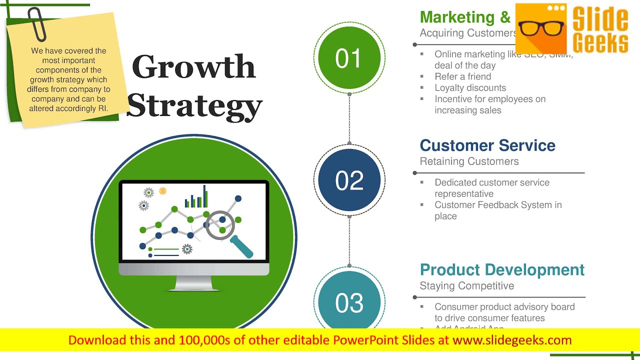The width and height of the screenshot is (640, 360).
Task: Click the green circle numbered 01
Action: pos(349,58)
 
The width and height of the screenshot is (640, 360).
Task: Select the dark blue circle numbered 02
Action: pos(349,180)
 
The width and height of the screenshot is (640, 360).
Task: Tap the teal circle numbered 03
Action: pos(349,303)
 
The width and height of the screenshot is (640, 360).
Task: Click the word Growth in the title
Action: pos(194,67)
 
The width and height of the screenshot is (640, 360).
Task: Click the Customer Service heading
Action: pos(487,145)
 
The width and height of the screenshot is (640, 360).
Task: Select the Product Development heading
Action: pos(502,270)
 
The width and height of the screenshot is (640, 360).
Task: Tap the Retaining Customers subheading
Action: pos(469,161)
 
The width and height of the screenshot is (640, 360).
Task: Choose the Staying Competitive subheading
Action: pos(466,286)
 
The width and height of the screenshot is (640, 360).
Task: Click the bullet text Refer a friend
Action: pos(462,76)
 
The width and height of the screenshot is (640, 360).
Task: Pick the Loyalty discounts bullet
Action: pos(470,88)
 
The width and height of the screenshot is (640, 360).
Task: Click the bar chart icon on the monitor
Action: pos(196,198)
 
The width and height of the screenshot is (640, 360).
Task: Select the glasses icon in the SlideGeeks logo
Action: pos(540,28)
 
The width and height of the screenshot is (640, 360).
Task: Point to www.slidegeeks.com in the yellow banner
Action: pos(512,340)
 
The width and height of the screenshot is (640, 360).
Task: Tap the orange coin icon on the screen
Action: pos(162,191)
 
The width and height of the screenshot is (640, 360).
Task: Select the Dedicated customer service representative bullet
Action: pos(491,188)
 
